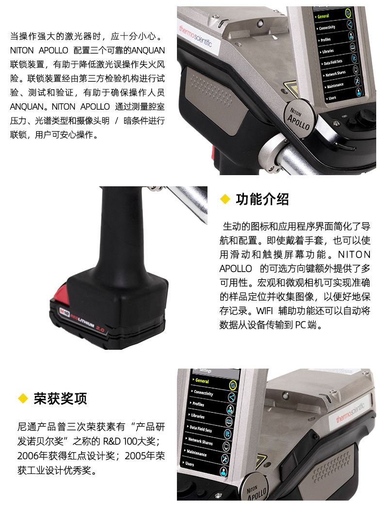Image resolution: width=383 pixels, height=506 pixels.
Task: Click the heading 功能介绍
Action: tap(262, 199)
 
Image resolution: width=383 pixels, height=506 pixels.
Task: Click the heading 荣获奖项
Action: tap(60, 398)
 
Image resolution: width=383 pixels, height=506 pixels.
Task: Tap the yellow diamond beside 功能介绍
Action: tap(224, 199)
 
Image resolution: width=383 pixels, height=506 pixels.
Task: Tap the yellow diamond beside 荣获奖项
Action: tap(23, 398)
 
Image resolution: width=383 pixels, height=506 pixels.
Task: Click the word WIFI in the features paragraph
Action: tap(265, 311)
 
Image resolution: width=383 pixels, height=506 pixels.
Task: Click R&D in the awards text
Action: tap(112, 441)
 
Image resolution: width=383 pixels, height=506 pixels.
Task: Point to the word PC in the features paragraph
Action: tap(301, 325)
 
